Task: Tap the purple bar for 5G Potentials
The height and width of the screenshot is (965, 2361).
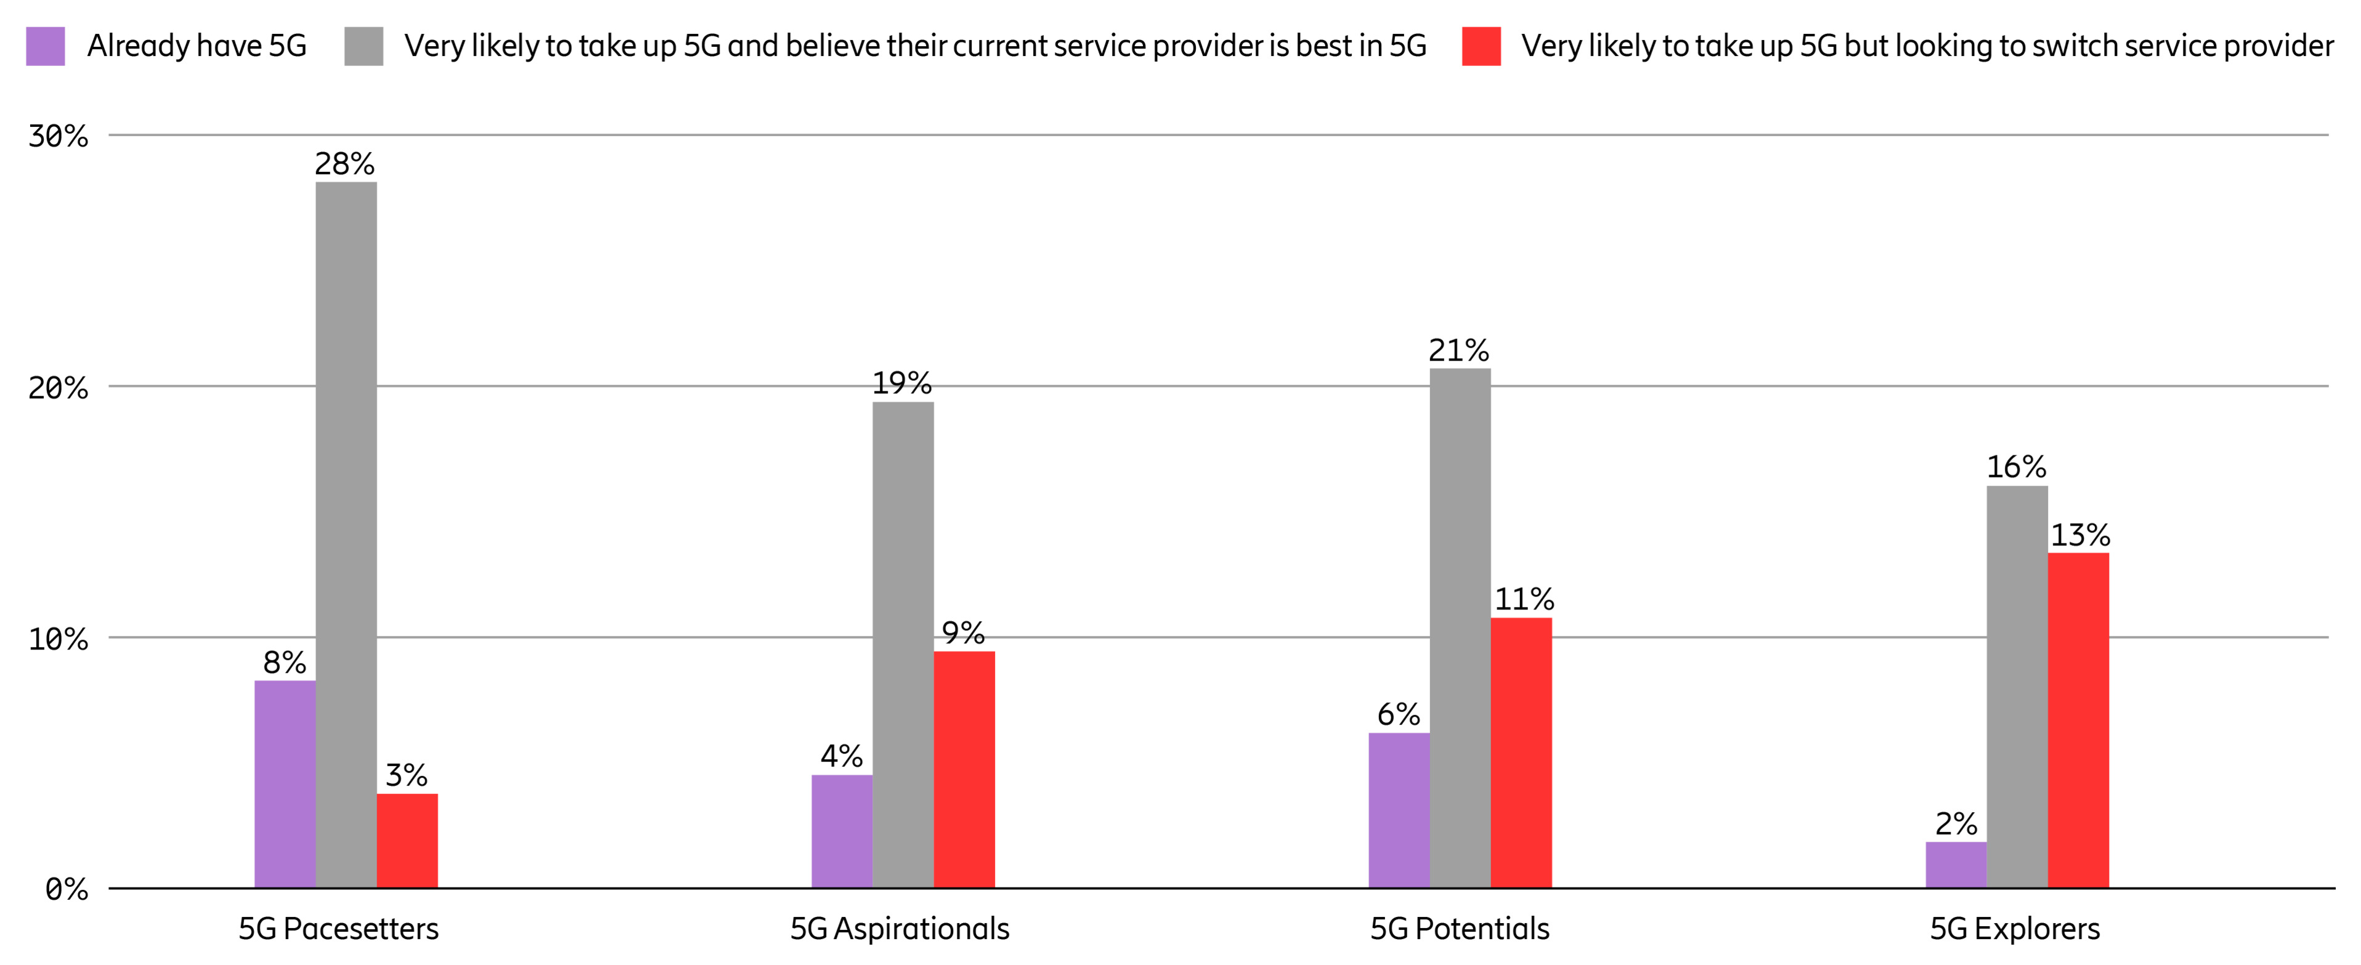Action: (x=1399, y=810)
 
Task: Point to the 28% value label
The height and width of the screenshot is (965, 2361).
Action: (x=344, y=164)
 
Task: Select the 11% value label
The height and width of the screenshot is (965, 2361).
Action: (x=1523, y=600)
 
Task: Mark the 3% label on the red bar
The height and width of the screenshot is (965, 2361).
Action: (x=406, y=775)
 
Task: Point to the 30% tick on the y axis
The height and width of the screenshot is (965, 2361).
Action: (x=58, y=137)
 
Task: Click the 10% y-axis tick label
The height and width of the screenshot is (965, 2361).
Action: (x=58, y=639)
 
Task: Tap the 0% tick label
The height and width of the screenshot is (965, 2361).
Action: (x=66, y=889)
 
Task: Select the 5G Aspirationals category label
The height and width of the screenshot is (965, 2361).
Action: (x=899, y=929)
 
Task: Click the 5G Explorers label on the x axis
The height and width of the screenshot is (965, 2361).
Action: (x=2015, y=929)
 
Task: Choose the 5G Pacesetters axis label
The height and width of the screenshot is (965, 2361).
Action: (x=338, y=929)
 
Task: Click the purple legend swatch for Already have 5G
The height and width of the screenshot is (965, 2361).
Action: (x=45, y=46)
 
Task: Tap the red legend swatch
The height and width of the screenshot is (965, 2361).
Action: (x=1481, y=46)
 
